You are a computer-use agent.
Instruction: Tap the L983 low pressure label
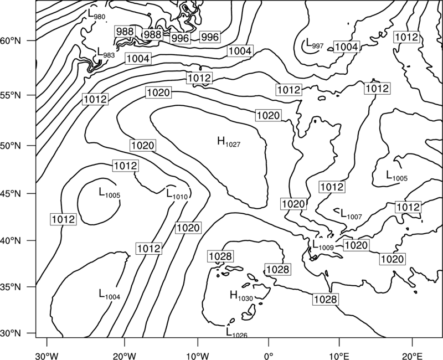coord(106,53)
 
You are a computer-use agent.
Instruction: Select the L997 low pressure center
coord(315,44)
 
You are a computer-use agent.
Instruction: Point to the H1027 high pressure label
coord(229,142)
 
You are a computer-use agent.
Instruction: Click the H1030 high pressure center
coord(241,296)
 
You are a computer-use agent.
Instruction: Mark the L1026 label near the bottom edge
coord(237,332)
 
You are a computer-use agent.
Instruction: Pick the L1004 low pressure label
coord(110,294)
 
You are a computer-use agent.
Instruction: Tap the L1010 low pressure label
coord(177,194)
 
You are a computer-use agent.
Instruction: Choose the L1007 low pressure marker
coord(351,214)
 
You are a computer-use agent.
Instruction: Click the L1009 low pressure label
coord(323,245)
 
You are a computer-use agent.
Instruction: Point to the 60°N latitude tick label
coord(11,41)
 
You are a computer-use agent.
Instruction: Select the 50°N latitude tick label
coord(11,146)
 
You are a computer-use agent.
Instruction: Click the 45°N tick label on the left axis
coord(11,194)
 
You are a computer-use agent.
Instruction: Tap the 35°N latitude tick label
coord(11,287)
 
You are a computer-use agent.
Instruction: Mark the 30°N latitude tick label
coord(11,333)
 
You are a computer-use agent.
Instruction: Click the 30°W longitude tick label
coord(47,356)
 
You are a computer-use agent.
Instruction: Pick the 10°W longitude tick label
coord(197,356)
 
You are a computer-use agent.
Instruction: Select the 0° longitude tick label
coord(269,356)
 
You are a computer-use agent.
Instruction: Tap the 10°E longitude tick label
coord(339,356)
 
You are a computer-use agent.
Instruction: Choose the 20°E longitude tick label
coord(412,356)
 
